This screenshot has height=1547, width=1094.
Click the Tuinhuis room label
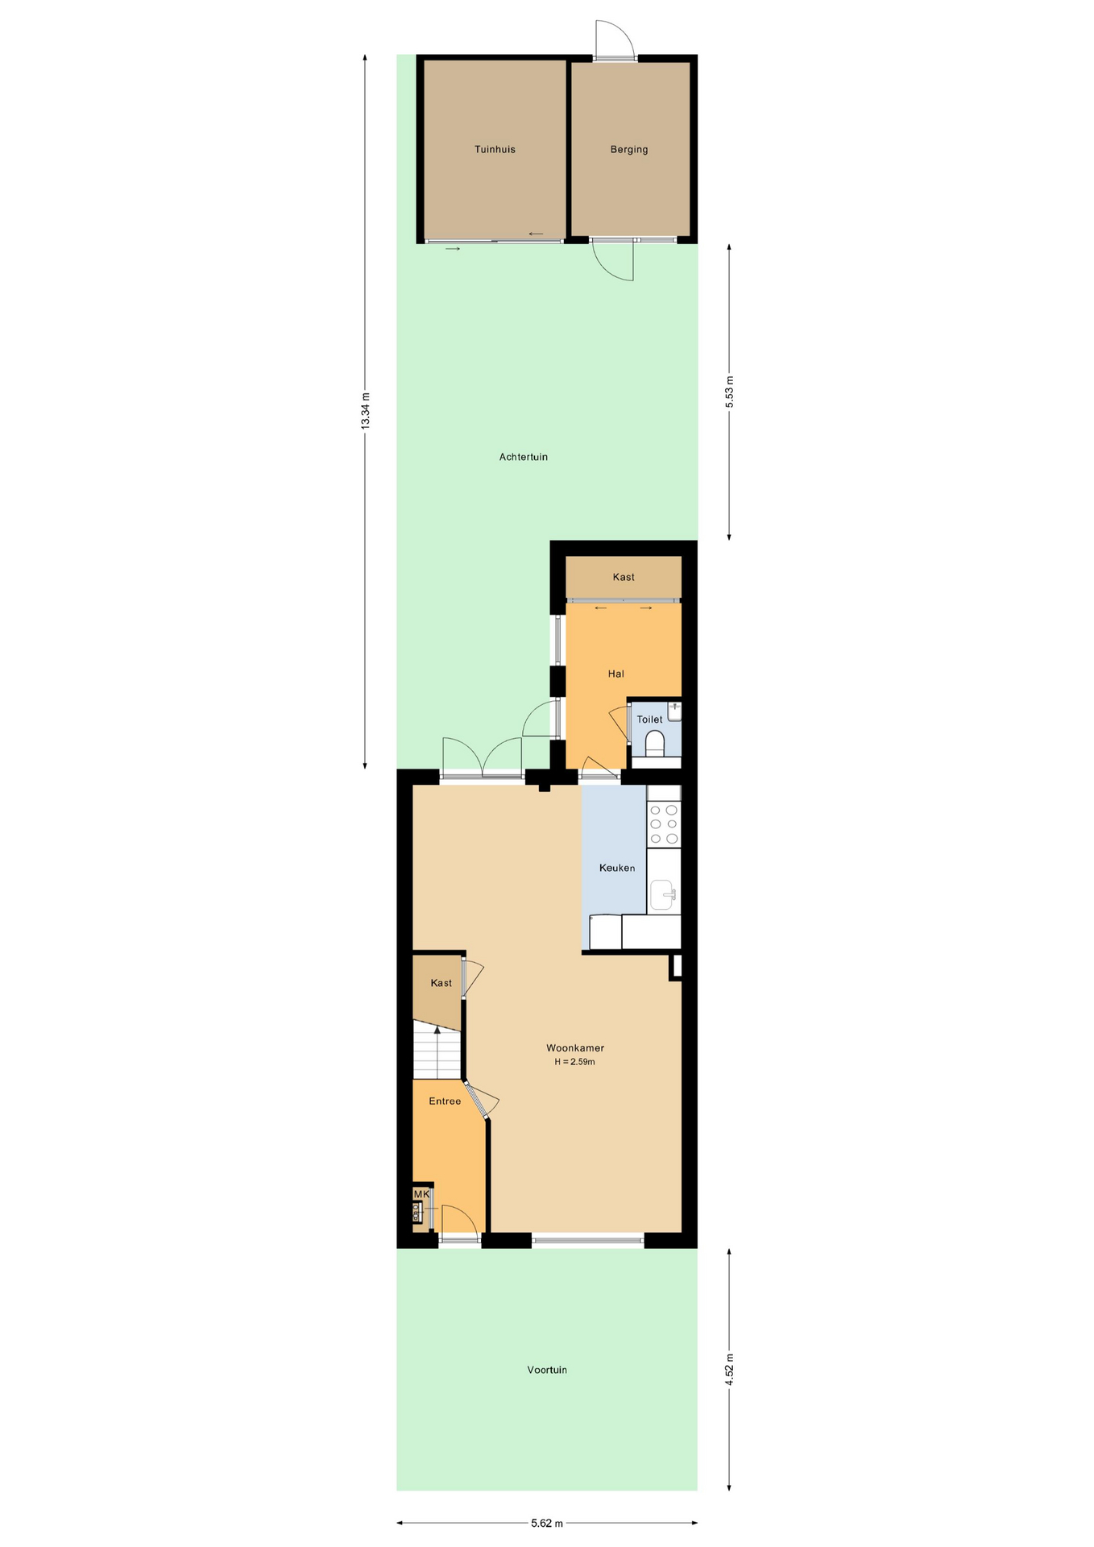[x=495, y=149]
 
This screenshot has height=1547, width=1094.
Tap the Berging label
[x=629, y=149]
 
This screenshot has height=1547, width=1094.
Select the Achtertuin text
[x=524, y=457]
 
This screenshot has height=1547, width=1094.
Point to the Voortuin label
[x=547, y=1370]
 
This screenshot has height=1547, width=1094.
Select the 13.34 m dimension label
[x=365, y=411]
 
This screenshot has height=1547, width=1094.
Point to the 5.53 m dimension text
[x=730, y=392]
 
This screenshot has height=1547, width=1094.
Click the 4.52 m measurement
[x=730, y=1369]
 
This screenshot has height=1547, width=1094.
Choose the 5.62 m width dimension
[x=547, y=1523]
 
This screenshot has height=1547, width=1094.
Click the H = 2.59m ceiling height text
[x=574, y=1062]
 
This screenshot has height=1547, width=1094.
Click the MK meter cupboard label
[x=421, y=1194]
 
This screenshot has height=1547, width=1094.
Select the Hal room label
[x=616, y=674]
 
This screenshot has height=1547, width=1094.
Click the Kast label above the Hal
[x=624, y=577]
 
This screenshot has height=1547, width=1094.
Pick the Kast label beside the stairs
[x=441, y=983]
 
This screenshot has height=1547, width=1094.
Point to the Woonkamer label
[x=575, y=1048]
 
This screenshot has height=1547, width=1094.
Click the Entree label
[x=445, y=1101]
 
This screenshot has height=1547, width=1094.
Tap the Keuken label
[x=617, y=868]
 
